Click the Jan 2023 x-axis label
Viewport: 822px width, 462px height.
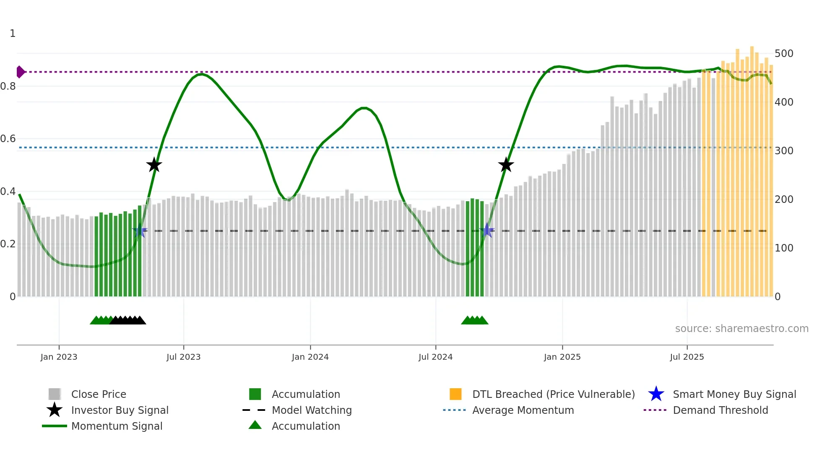pyautogui.click(x=59, y=357)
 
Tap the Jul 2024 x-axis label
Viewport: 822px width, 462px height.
pyautogui.click(x=435, y=357)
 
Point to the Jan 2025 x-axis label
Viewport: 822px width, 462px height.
pyautogui.click(x=562, y=357)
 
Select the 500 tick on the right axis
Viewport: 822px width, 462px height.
pyautogui.click(x=784, y=54)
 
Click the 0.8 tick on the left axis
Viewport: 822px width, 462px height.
pyautogui.click(x=8, y=86)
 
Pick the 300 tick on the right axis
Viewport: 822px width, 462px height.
pyautogui.click(x=784, y=151)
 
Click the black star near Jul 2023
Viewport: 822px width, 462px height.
pyautogui.click(x=154, y=165)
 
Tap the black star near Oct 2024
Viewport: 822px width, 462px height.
pyautogui.click(x=506, y=165)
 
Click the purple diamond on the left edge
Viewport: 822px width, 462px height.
pyautogui.click(x=20, y=72)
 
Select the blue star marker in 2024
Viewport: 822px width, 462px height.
pyautogui.click(x=487, y=230)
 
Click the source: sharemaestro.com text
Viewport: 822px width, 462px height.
pyautogui.click(x=741, y=329)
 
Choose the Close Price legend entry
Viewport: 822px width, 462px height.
pyautogui.click(x=99, y=394)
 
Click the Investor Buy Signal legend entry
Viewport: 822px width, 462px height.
pyautogui.click(x=120, y=410)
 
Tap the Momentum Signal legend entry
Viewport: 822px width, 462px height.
pyautogui.click(x=117, y=426)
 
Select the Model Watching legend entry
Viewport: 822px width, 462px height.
pyautogui.click(x=312, y=410)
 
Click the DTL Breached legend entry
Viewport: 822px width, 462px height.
pyautogui.click(x=553, y=394)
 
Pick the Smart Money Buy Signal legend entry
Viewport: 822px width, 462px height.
pyautogui.click(x=734, y=394)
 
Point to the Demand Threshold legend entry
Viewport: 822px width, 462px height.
pyautogui.click(x=720, y=410)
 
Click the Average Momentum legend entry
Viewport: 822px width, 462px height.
pyautogui.click(x=523, y=410)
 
